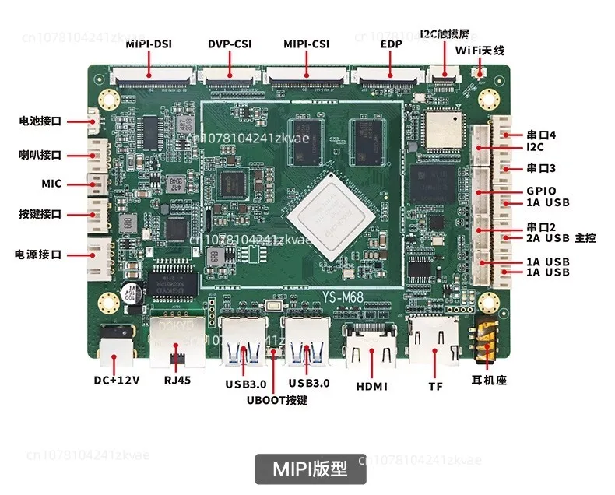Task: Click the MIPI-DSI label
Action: tap(149, 44)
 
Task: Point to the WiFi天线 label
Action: tap(480, 51)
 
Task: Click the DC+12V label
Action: tap(117, 380)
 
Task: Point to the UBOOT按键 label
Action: tap(277, 400)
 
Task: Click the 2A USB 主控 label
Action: tap(561, 238)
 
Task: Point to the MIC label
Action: tap(51, 184)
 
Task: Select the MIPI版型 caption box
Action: tap(311, 469)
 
